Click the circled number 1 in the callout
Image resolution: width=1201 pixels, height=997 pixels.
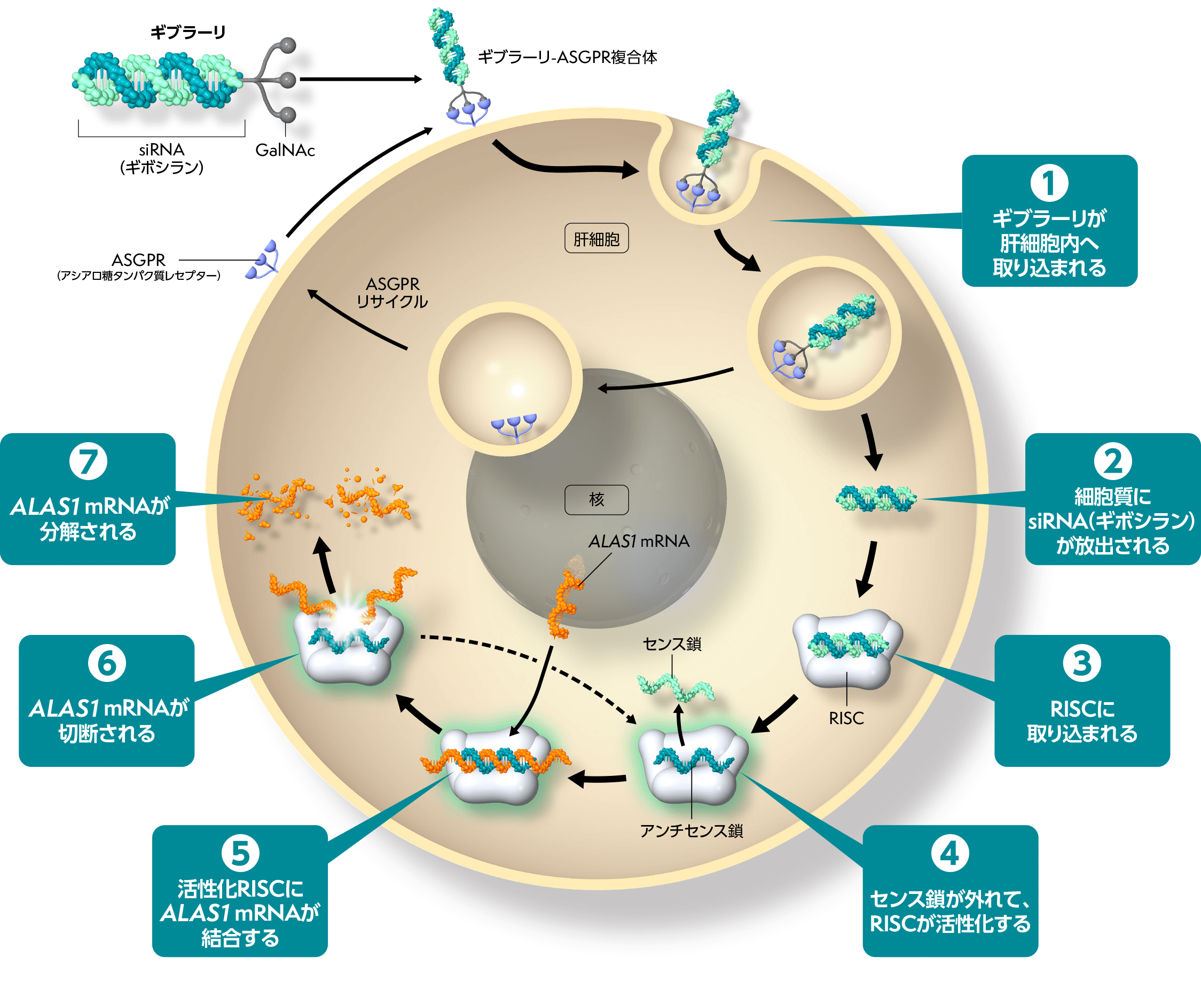1049,183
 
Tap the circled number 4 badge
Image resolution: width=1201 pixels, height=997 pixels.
949,853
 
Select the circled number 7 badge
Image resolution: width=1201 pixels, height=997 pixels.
88,461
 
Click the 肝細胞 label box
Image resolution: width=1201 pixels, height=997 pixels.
596,239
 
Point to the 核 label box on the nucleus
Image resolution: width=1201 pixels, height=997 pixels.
596,499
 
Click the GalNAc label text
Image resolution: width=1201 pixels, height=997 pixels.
285,151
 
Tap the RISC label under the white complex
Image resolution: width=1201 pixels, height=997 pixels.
846,718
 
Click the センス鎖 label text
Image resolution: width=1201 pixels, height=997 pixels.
672,644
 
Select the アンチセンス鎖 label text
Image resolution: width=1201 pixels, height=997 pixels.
691,830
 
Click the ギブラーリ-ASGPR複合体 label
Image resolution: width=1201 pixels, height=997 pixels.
567,57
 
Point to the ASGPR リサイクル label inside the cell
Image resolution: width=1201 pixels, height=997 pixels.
393,293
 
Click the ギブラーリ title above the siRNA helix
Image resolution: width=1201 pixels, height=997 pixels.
188,33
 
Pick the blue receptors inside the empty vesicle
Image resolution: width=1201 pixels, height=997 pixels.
513,426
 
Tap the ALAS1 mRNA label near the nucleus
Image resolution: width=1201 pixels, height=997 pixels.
639,541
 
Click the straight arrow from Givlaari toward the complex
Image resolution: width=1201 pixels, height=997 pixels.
360,80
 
